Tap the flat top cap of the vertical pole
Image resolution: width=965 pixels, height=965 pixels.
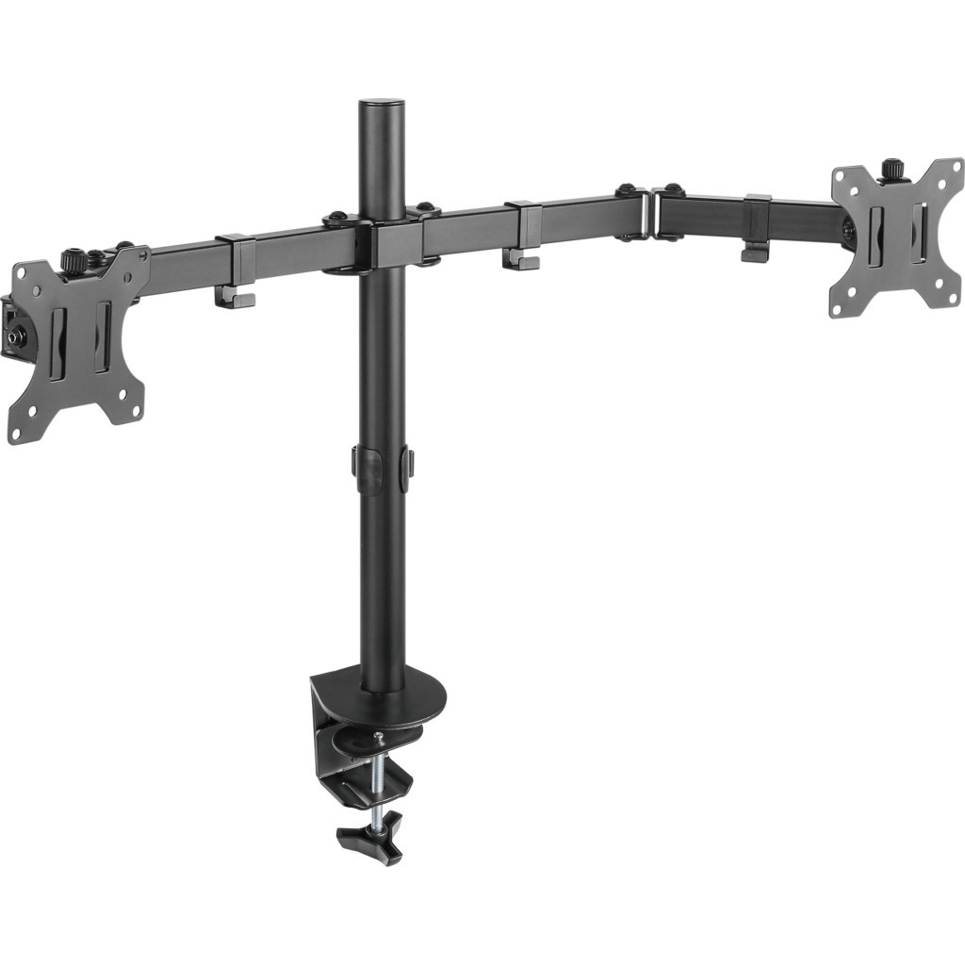coord(382,100)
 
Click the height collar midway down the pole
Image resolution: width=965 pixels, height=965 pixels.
coord(383,467)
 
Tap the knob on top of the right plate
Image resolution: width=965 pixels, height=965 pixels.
coord(891,170)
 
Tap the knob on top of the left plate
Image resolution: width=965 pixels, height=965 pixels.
coord(73,260)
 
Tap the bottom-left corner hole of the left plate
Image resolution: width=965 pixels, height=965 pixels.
coord(15,432)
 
